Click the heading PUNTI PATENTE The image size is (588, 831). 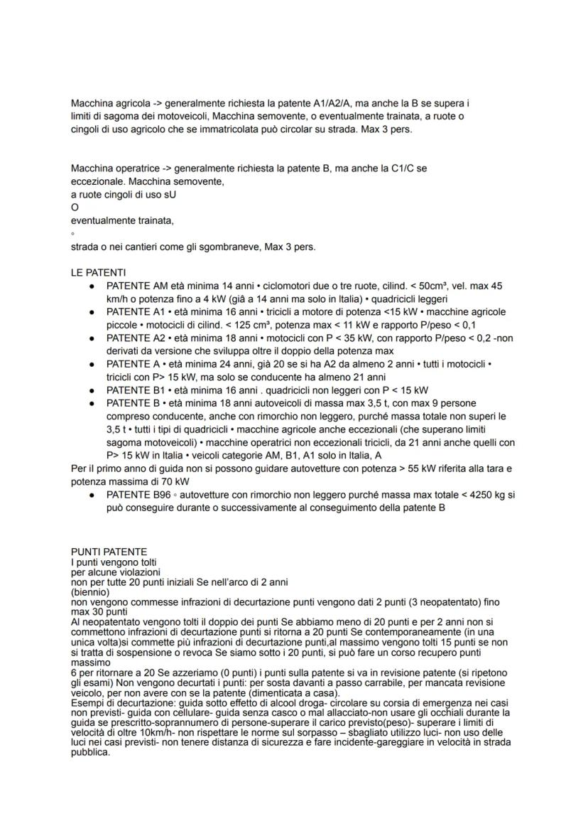point(109,552)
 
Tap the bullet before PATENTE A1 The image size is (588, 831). point(92,311)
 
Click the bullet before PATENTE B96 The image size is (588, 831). point(92,494)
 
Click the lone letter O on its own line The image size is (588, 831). point(75,208)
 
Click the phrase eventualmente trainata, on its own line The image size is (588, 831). point(122,220)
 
